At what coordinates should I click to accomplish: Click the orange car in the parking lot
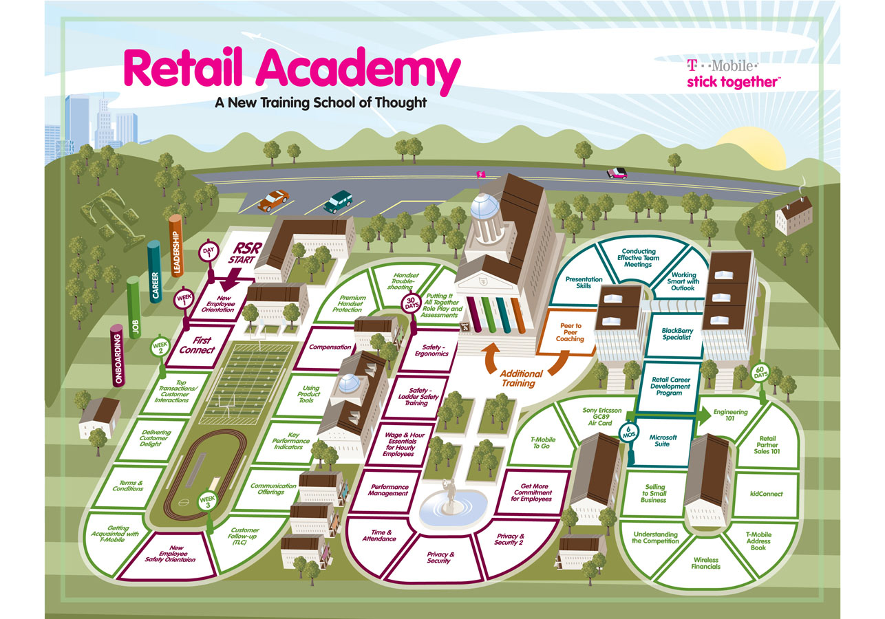tap(273, 200)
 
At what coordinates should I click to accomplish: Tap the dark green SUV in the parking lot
tap(338, 201)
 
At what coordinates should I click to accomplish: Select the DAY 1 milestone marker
tap(209, 252)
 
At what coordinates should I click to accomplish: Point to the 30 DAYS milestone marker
tap(412, 303)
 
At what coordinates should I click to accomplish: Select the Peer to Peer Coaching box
tap(570, 333)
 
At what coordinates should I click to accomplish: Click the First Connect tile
tap(198, 345)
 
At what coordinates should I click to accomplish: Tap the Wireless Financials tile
tap(706, 563)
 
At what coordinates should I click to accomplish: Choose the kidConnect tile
tap(767, 494)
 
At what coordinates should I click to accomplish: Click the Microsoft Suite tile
tap(665, 441)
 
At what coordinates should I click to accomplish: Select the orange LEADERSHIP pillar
tap(175, 245)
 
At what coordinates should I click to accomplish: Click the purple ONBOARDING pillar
tap(118, 356)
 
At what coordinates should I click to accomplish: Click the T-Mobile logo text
tap(722, 67)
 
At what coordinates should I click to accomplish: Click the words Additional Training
tap(521, 378)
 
